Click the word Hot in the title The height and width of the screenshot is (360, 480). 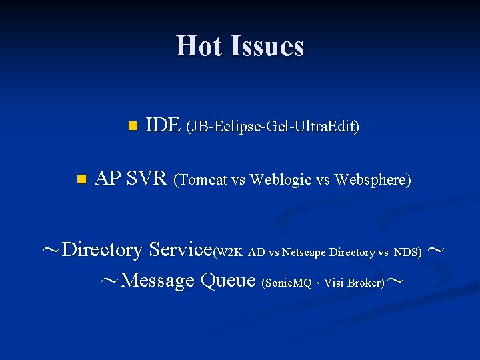pos(199,46)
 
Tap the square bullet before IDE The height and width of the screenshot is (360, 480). pos(132,125)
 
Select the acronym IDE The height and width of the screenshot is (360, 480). pos(162,125)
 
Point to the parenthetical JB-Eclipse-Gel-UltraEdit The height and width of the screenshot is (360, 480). pos(273,126)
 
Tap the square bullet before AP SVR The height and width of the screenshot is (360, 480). pos(81,179)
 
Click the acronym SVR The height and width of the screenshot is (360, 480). pos(146,179)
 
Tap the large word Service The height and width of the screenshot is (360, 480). pos(180,250)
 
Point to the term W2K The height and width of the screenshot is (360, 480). pos(229,252)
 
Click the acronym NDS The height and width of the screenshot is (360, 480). pos(407,252)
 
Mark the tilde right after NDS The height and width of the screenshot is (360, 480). pos(435,251)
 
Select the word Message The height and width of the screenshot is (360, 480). pos(157,281)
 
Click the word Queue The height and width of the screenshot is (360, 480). pos(227,281)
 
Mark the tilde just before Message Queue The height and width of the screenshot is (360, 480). pos(109,281)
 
